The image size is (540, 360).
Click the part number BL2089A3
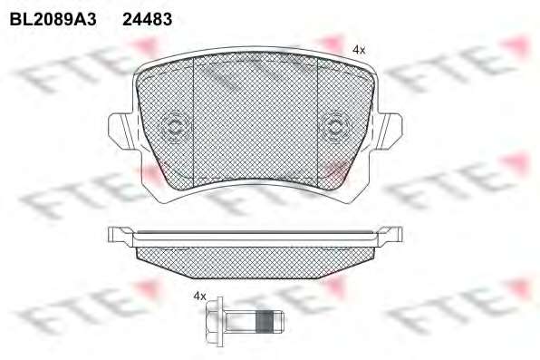pyautogui.click(x=53, y=19)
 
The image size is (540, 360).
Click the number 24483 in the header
pyautogui.click(x=148, y=19)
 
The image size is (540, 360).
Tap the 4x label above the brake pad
pyautogui.click(x=359, y=51)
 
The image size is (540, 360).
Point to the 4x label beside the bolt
pyautogui.click(x=199, y=296)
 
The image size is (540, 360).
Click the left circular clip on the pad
pyautogui.click(x=175, y=127)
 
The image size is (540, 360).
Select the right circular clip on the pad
pyautogui.click(x=334, y=127)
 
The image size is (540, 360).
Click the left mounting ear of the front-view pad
pyautogui.click(x=121, y=131)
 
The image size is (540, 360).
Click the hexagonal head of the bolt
pyautogui.click(x=215, y=321)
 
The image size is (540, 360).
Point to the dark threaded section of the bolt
pyautogui.click(x=265, y=321)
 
